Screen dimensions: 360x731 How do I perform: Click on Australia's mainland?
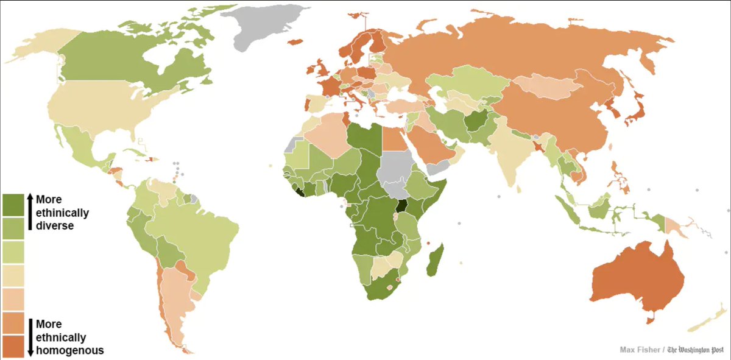(634, 280)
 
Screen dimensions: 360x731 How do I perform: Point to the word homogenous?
(69, 350)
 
